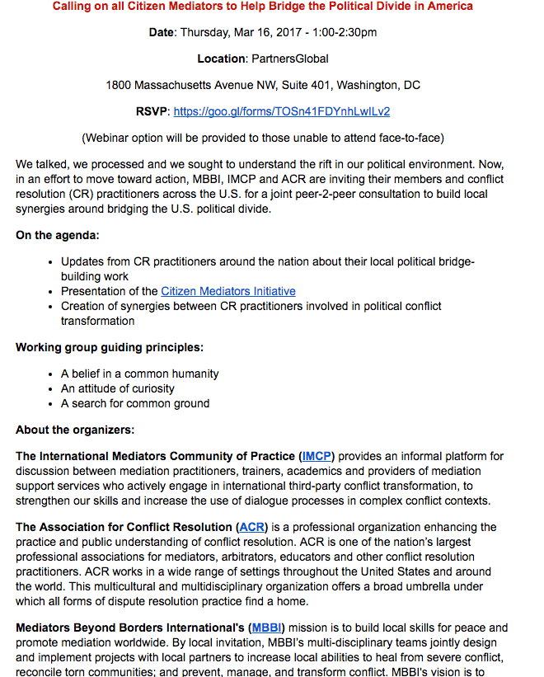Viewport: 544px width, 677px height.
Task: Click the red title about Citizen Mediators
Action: (x=263, y=7)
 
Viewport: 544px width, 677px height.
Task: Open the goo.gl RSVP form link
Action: (x=281, y=111)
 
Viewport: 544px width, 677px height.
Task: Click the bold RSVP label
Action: (x=152, y=111)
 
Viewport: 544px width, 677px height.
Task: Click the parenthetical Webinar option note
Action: (x=263, y=138)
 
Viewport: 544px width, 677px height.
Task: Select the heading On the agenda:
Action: (x=58, y=235)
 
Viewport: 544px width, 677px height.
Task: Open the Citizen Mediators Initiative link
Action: (x=227, y=291)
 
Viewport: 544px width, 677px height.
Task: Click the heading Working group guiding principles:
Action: (x=110, y=347)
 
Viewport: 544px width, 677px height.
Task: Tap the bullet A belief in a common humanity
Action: (x=139, y=374)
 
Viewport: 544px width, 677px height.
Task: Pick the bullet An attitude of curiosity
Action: (x=118, y=388)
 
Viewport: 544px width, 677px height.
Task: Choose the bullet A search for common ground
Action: (x=135, y=403)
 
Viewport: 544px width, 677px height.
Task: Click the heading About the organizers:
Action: (x=75, y=430)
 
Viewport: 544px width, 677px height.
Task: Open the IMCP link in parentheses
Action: (x=317, y=456)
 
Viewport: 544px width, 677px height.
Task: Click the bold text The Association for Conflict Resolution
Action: (x=124, y=527)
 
